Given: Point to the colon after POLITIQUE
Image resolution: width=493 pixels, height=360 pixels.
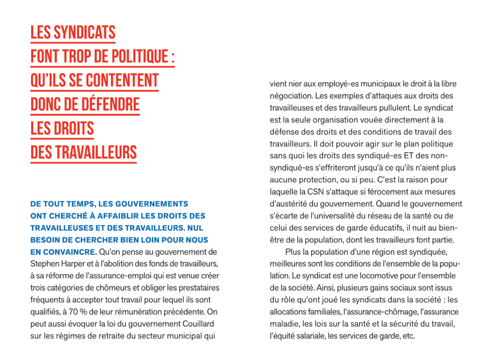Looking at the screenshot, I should point(172,57).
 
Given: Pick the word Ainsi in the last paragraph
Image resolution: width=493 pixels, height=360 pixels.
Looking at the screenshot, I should point(325,287).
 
